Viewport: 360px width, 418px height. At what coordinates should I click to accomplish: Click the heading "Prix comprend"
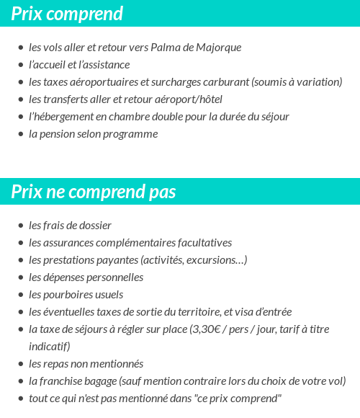(x=67, y=14)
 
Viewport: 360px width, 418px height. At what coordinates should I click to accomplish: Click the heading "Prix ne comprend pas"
(x=94, y=192)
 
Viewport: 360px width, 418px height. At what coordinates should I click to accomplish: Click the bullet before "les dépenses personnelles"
(x=21, y=277)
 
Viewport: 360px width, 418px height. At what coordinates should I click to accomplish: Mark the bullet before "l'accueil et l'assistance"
(x=21, y=65)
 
